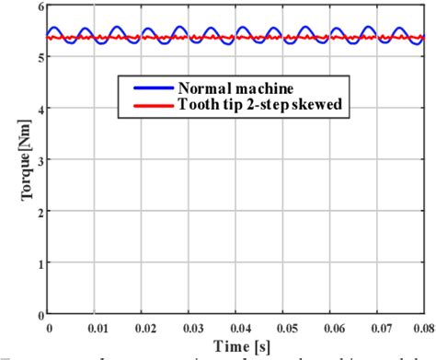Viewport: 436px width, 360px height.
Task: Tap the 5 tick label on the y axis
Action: click(x=39, y=57)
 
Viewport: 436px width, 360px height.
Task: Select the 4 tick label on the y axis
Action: click(x=39, y=109)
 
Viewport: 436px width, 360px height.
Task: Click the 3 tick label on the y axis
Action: click(x=39, y=160)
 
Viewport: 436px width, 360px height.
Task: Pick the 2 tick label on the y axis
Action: click(x=39, y=212)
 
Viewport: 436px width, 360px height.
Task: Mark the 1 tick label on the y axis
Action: click(x=39, y=263)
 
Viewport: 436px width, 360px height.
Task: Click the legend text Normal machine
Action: click(x=237, y=88)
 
